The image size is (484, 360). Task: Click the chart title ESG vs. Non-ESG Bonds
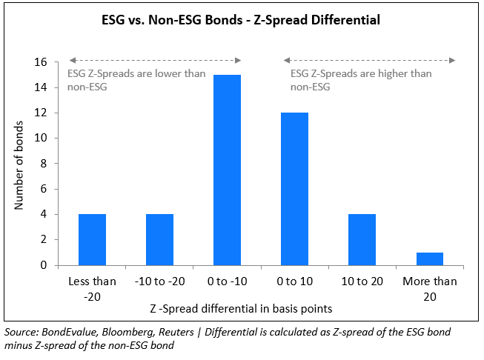tap(240, 20)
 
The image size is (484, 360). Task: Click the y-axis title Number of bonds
tap(20, 164)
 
